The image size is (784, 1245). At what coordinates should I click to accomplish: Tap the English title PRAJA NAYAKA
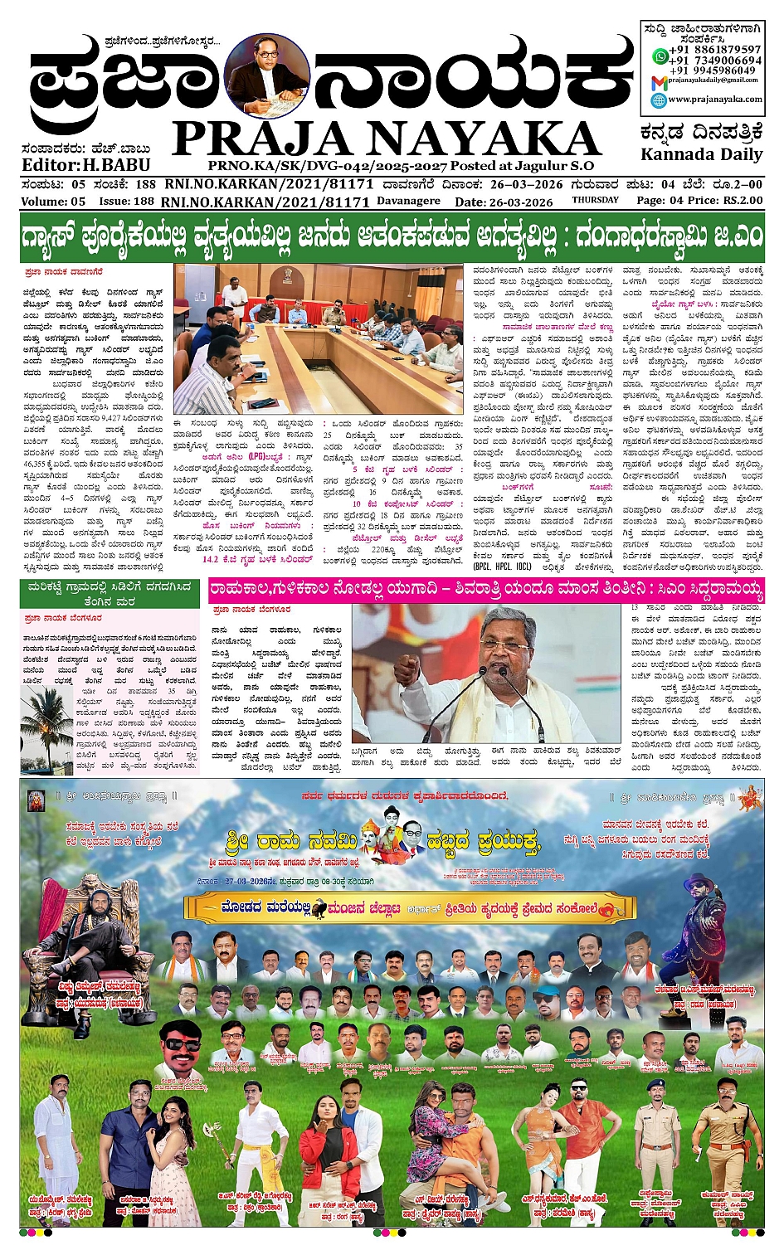(386, 139)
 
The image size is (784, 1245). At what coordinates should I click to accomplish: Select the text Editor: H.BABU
(85, 165)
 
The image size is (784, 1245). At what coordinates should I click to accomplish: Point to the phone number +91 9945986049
(715, 71)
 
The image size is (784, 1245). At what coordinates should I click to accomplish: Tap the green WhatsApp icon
(660, 56)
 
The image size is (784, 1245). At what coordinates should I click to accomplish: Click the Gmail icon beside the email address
(658, 81)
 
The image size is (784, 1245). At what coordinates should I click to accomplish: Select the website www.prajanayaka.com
(714, 99)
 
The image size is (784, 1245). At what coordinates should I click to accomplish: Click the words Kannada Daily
(701, 154)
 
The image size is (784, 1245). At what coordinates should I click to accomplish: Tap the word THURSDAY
(595, 200)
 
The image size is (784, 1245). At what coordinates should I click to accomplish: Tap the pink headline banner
(485, 591)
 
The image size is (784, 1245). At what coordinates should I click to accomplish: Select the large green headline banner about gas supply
(392, 237)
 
